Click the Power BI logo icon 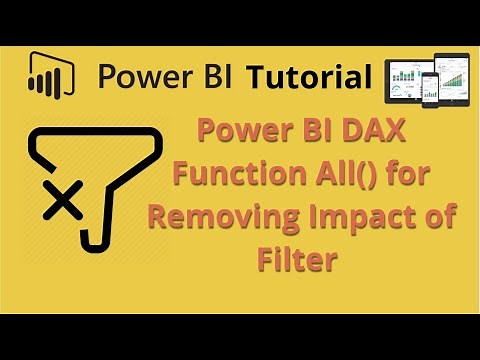[x=45, y=75]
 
